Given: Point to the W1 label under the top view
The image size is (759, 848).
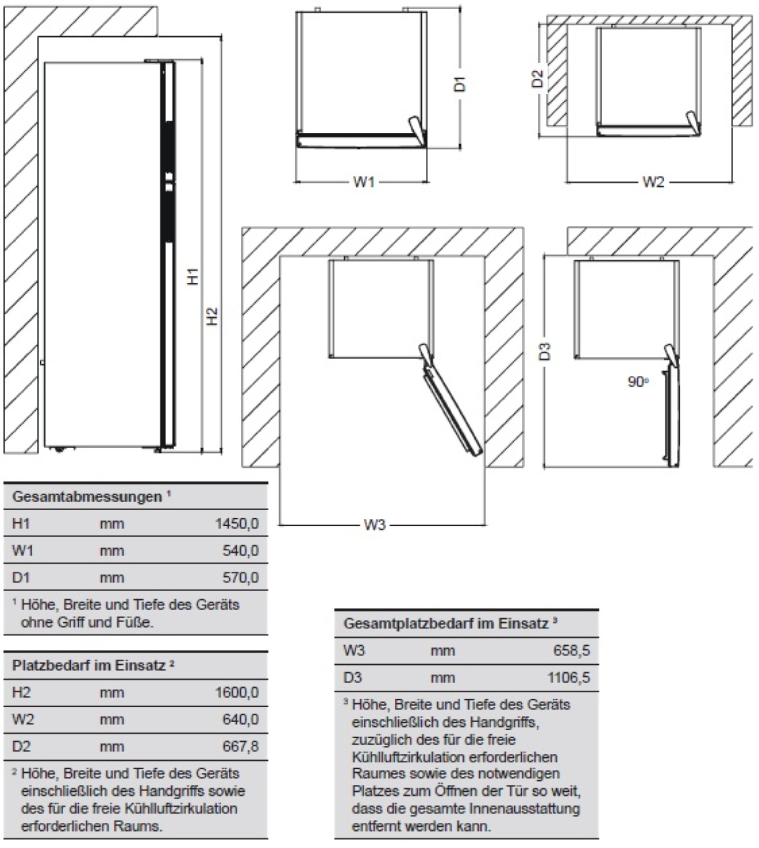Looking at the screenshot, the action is point(364,182).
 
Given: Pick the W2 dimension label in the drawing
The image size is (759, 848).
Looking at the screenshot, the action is point(653,182).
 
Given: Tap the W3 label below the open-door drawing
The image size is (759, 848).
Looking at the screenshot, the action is point(375,525).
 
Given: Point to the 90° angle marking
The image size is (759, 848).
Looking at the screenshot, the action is point(638,381).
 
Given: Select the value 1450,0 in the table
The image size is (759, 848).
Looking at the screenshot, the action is point(237,523).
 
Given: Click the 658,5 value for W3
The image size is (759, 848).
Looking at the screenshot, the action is point(572,650).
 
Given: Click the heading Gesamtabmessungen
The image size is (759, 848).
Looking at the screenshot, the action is point(87,496).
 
